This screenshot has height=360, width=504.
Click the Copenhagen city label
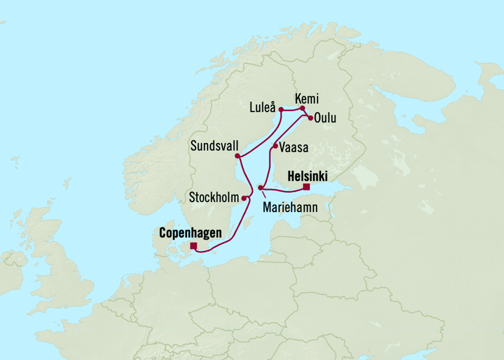[x=190, y=234]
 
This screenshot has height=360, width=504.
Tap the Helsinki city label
[x=307, y=177]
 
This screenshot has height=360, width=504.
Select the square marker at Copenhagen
[x=193, y=246]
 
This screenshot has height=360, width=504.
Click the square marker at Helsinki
[x=307, y=187]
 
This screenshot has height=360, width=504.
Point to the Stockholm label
[x=214, y=197]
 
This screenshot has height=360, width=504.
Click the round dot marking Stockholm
[x=244, y=198]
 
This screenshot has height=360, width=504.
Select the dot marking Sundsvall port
[x=237, y=156]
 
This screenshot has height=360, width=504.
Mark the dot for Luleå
[x=280, y=109]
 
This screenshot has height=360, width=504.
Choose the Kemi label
[x=307, y=99]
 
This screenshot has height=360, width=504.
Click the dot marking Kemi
[x=302, y=108]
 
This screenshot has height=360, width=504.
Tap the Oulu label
[x=325, y=118]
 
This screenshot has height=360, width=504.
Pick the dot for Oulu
[x=311, y=117]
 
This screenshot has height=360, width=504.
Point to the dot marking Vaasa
[x=275, y=145]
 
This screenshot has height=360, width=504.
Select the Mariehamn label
[x=290, y=208]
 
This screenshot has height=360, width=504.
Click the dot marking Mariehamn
[x=260, y=188]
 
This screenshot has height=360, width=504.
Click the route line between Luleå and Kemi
[x=291, y=110]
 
